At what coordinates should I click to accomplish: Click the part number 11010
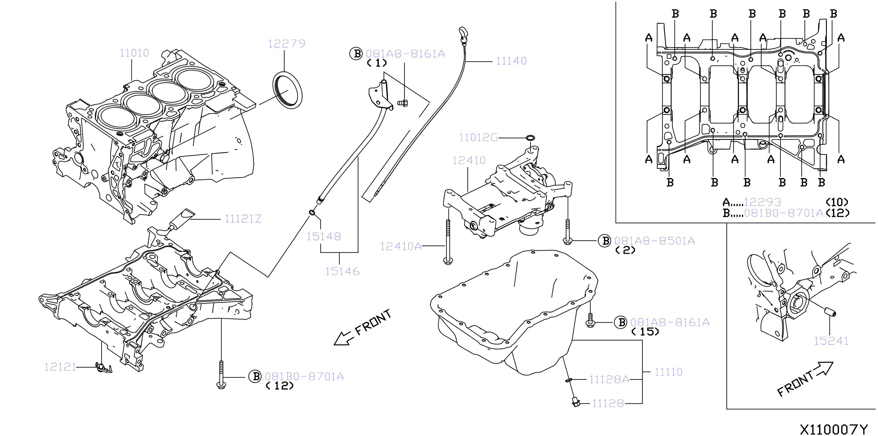134,53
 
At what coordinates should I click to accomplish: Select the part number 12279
287,43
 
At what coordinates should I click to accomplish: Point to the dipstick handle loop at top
463,33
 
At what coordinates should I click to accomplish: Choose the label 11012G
478,137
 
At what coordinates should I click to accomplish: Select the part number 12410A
401,246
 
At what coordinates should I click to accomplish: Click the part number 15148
324,237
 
